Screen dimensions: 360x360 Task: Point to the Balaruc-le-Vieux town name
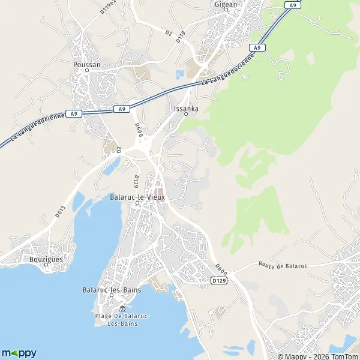point(137,196)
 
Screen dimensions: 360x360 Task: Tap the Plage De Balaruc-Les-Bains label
point(123,319)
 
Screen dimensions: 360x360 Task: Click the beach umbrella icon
point(123,309)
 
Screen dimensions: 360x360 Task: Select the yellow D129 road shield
point(218,280)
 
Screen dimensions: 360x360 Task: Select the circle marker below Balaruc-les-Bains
point(112,298)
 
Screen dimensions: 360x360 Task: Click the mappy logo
point(19,353)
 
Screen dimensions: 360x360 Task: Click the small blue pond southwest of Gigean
point(180,75)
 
